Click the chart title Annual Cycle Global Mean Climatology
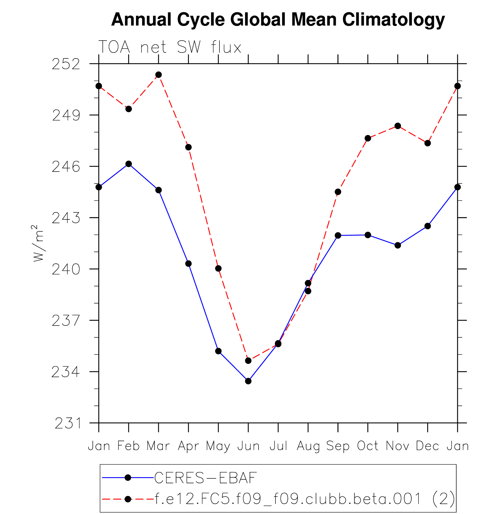click(x=278, y=20)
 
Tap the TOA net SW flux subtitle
click(x=170, y=47)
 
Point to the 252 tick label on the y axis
click(x=66, y=64)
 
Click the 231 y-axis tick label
click(x=68, y=423)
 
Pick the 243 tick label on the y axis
click(x=66, y=218)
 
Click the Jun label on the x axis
click(x=248, y=446)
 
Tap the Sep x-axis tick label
click(x=338, y=446)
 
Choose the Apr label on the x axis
click(x=188, y=446)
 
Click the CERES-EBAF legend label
click(x=205, y=478)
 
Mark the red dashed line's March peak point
click(x=158, y=75)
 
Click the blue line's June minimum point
click(x=248, y=381)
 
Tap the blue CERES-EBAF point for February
click(x=129, y=164)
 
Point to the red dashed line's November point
click(x=398, y=126)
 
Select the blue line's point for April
click(x=189, y=264)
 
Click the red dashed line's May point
click(x=218, y=268)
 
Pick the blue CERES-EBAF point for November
click(x=398, y=245)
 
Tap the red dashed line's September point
click(x=338, y=192)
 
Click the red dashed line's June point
click(x=248, y=361)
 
